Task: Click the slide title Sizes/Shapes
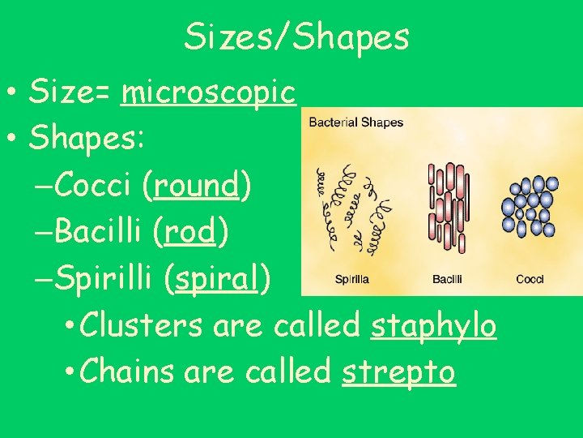(x=296, y=37)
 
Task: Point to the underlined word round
(x=197, y=186)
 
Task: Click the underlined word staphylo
(x=433, y=326)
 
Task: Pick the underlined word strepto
(x=398, y=372)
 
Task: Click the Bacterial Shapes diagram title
(x=355, y=122)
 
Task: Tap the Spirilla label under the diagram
(x=352, y=280)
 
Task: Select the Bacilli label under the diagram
(x=447, y=280)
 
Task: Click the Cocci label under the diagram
(x=530, y=280)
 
